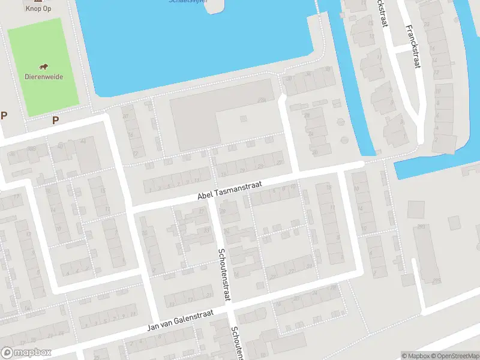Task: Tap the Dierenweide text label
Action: click(44, 77)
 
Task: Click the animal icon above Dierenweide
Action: click(44, 67)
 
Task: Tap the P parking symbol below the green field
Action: click(55, 120)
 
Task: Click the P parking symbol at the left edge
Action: click(4, 116)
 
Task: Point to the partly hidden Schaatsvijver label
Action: click(188, 2)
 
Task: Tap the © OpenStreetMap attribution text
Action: click(454, 356)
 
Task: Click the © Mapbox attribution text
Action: click(415, 356)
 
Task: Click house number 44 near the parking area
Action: click(83, 140)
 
